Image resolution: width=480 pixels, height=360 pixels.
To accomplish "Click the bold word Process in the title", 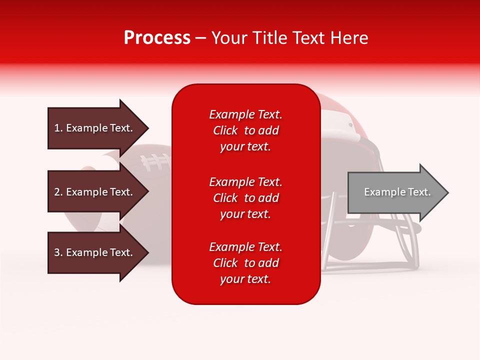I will click(x=157, y=38).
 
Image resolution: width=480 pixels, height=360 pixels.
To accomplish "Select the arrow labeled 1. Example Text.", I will click(x=95, y=128).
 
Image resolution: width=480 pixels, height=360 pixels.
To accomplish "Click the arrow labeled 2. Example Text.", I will click(x=95, y=192).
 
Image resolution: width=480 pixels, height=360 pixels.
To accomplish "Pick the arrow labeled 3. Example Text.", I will click(x=95, y=252).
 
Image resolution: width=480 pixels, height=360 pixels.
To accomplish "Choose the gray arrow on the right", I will click(x=395, y=192).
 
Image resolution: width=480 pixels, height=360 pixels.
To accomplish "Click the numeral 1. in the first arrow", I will click(x=58, y=128).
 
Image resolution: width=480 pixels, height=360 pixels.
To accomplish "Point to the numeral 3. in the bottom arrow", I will click(x=58, y=252).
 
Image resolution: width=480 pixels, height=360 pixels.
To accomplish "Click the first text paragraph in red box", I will click(x=245, y=130).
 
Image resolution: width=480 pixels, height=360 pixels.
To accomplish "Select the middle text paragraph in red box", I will click(x=245, y=198).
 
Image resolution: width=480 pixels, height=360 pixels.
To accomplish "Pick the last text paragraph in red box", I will click(x=245, y=263).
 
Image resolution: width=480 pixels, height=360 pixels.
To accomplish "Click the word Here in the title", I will click(x=351, y=38).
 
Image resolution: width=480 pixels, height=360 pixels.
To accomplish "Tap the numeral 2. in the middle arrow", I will click(x=58, y=192).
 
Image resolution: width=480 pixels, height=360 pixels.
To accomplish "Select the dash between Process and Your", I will click(x=201, y=38).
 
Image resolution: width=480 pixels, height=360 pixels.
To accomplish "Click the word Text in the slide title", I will click(x=313, y=38).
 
